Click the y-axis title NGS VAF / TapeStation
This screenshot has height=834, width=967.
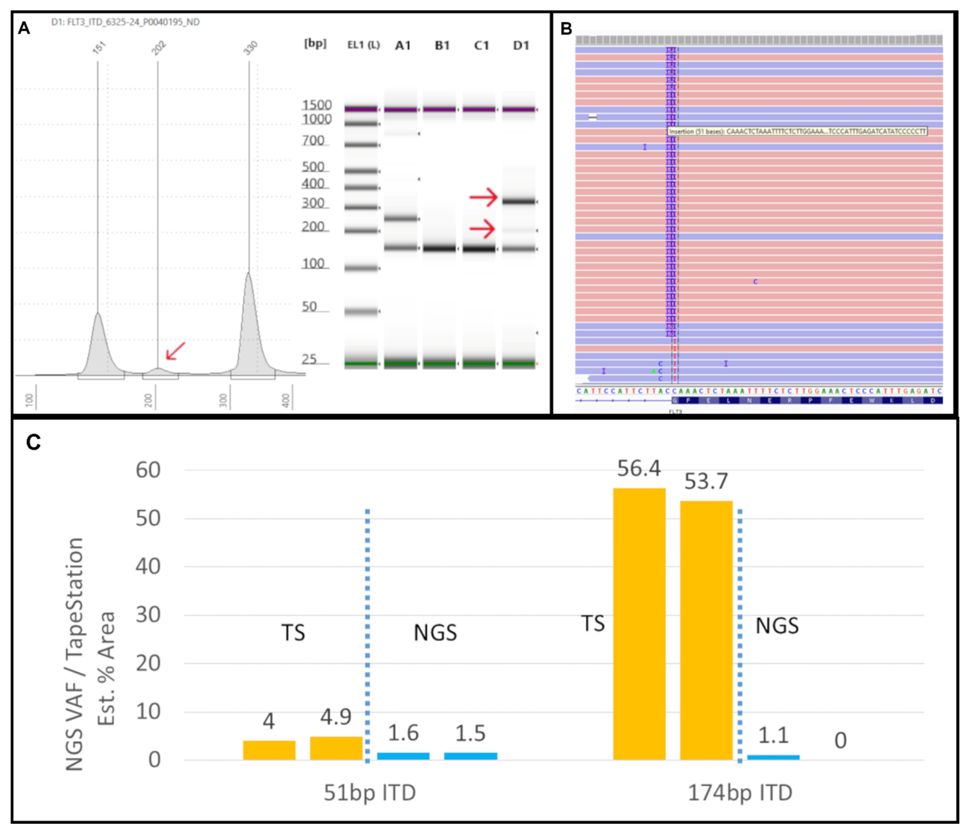(x=75, y=653)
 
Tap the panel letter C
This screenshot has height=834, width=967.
(x=33, y=442)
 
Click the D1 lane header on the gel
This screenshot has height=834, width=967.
(x=521, y=45)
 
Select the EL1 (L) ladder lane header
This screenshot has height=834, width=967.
(x=363, y=45)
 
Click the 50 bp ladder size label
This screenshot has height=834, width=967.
(x=310, y=307)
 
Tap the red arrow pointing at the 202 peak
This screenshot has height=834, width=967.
(x=175, y=351)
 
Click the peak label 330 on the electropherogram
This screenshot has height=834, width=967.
(x=251, y=48)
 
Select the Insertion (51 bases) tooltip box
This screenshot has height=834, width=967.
(x=797, y=132)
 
